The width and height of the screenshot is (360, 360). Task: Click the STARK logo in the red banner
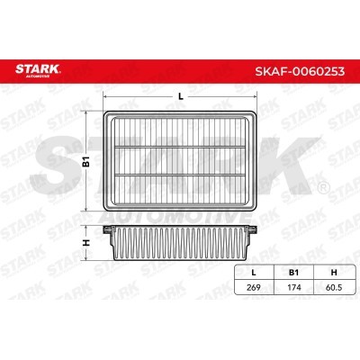38,70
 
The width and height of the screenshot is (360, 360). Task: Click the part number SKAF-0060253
300,71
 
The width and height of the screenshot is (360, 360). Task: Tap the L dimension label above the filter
181,96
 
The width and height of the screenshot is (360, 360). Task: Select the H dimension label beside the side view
86,243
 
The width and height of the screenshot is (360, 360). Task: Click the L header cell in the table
254,273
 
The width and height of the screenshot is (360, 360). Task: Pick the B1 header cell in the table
293,273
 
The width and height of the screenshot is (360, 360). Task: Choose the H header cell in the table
333,273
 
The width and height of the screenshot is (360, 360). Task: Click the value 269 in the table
254,287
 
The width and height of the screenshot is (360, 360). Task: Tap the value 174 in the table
294,287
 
